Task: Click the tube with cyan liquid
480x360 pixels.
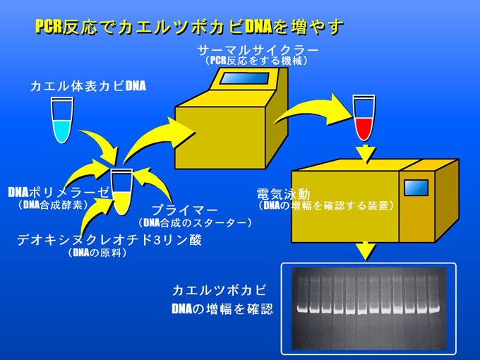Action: click(x=62, y=120)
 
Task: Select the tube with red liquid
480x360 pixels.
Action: click(x=364, y=118)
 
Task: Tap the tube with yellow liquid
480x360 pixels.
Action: click(x=122, y=192)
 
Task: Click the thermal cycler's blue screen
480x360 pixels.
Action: click(x=245, y=78)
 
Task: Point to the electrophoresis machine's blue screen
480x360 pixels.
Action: click(x=416, y=188)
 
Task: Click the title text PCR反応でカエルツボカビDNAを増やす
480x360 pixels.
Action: click(x=189, y=27)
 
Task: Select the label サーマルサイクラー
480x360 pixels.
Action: click(x=258, y=50)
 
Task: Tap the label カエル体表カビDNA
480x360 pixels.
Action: click(x=88, y=86)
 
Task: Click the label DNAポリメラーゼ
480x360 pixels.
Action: click(x=58, y=193)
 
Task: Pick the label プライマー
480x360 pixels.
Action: click(x=185, y=210)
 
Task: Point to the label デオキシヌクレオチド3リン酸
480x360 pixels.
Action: click(x=109, y=240)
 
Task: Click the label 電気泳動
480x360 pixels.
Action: click(x=284, y=194)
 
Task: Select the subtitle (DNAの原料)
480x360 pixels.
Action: click(x=97, y=253)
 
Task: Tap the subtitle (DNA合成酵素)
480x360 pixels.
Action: click(x=53, y=205)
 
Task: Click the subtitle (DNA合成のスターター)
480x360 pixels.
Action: click(x=196, y=222)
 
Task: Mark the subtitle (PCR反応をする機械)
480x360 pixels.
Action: click(x=257, y=61)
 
